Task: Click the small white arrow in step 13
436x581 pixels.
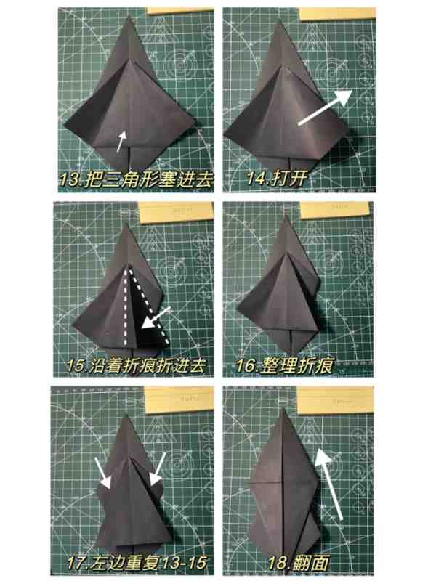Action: [121, 141]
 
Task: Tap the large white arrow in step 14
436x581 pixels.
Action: [325, 107]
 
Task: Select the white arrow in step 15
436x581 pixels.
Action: [156, 318]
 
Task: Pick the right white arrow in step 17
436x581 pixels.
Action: [157, 468]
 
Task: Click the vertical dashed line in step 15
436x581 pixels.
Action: [125, 307]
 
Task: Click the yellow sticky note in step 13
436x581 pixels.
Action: [180, 10]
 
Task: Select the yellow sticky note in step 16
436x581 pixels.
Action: [335, 210]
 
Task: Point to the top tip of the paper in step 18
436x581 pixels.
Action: [283, 409]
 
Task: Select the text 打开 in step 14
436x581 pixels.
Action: [289, 178]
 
